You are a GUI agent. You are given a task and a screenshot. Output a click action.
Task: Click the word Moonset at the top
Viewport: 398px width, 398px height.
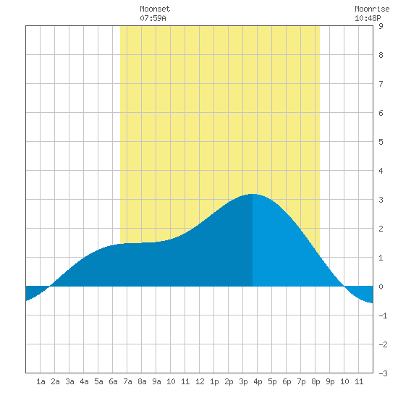click(155, 9)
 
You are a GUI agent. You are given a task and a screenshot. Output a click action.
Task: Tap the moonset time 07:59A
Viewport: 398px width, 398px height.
click(153, 18)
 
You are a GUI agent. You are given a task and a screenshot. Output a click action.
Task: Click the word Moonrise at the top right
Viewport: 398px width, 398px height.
click(372, 9)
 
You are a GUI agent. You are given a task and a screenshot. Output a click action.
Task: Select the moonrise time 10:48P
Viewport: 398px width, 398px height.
click(368, 18)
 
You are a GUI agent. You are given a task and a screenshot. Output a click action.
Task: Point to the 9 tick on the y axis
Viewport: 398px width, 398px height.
click(381, 26)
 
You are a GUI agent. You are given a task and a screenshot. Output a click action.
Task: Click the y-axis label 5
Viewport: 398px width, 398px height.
click(381, 142)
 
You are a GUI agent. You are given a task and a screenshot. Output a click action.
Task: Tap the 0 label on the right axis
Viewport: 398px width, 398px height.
click(381, 287)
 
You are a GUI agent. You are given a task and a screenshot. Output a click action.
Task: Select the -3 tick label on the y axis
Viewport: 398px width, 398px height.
click(383, 373)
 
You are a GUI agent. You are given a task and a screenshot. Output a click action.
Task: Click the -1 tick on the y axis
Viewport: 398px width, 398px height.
click(383, 316)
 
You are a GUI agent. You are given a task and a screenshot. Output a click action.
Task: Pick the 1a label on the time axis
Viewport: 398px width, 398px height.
click(41, 381)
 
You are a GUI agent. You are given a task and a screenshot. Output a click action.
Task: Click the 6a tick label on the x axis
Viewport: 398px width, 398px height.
click(113, 381)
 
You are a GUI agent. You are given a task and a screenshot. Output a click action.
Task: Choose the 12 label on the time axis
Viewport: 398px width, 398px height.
click(200, 381)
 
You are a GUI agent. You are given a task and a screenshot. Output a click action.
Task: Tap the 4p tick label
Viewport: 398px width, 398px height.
click(258, 381)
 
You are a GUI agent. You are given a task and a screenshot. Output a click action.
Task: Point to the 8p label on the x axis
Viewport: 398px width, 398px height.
click(316, 381)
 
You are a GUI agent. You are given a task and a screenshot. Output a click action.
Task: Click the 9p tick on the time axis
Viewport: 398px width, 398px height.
click(330, 381)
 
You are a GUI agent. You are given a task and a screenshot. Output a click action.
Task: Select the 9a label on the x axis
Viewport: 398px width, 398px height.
click(156, 381)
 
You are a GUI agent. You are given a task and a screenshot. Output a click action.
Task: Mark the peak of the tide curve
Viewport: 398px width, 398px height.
click(253, 194)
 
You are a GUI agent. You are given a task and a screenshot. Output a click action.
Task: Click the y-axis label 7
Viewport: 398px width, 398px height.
click(381, 84)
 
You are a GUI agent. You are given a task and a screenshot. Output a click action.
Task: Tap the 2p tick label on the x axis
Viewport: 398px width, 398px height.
click(229, 381)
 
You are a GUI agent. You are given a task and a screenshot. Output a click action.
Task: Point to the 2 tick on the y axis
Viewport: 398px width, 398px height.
click(381, 229)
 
